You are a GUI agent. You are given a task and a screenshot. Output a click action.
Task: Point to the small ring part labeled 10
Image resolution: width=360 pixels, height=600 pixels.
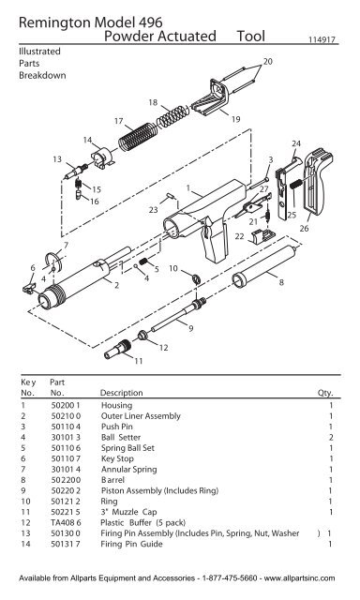click(192, 278)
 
